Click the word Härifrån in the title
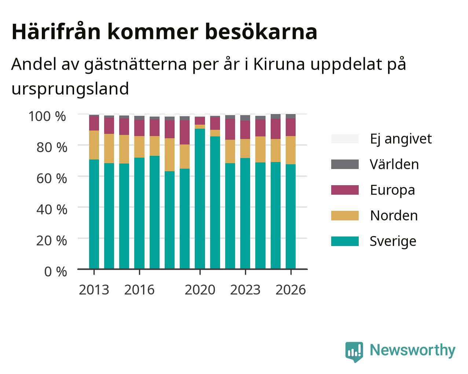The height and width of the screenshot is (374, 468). tap(56, 32)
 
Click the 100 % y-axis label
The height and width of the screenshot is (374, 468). tap(47, 116)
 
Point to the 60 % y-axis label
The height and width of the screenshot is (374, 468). tap(52, 179)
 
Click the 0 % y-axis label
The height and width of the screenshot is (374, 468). tap(55, 272)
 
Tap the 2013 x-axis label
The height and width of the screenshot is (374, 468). tap(94, 290)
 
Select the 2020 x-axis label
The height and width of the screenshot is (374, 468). tap(200, 290)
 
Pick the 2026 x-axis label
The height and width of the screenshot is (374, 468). tap(291, 290)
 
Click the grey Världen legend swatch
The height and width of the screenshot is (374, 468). tap(345, 164)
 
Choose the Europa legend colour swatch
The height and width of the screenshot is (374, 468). tap(345, 190)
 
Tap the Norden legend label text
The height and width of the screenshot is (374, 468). tap(394, 216)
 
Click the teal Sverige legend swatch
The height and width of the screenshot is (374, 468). tap(345, 241)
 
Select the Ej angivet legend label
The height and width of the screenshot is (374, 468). tap(401, 139)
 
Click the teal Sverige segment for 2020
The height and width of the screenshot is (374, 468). tap(200, 199)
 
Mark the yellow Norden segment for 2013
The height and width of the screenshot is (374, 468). tap(94, 145)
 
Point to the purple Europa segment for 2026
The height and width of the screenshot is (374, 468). tap(290, 127)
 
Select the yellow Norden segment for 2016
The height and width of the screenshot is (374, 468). tap(139, 147)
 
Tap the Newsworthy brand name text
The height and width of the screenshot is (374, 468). tap(413, 350)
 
